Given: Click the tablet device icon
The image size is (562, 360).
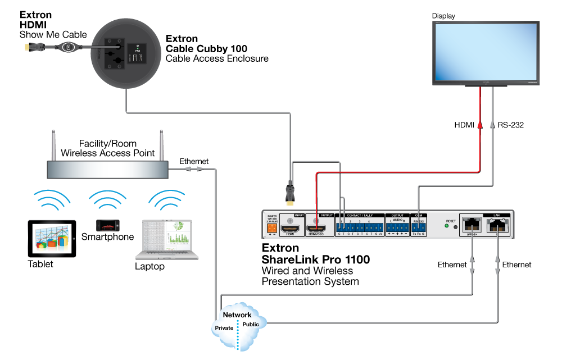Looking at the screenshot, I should (52, 238).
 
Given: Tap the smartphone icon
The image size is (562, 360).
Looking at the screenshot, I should (107, 226).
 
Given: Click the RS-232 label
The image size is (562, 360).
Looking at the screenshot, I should (510, 125).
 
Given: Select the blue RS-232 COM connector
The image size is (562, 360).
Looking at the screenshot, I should (418, 227).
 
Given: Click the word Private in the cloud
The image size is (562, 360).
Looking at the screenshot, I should (224, 327).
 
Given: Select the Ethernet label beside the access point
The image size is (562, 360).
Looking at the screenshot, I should (194, 161).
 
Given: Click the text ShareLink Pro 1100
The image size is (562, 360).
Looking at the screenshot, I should (316, 259).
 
